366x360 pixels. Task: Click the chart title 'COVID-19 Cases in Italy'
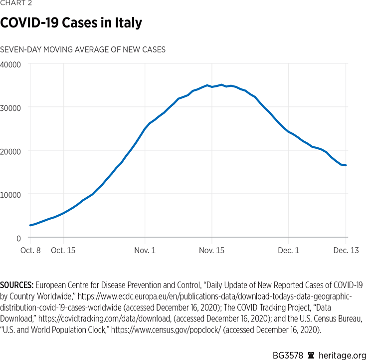(x=71, y=23)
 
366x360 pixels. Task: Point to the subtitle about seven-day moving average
(x=83, y=49)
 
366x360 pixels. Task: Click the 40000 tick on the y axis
(x=10, y=64)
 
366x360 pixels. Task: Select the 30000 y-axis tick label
(x=10, y=107)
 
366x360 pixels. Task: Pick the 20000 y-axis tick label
(x=10, y=151)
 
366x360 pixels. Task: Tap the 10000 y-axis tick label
(x=10, y=194)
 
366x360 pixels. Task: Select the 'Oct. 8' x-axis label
(x=30, y=250)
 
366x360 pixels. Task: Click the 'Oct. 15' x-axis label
(x=63, y=250)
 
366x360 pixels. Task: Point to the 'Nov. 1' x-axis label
(x=145, y=250)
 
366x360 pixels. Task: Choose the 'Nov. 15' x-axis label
(x=211, y=250)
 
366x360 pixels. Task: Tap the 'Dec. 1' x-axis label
(x=289, y=250)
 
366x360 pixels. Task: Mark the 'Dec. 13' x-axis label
(x=347, y=250)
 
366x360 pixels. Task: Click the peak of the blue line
(x=221, y=85)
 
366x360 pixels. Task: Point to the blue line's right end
(x=346, y=165)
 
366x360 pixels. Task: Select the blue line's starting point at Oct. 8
(x=30, y=225)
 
